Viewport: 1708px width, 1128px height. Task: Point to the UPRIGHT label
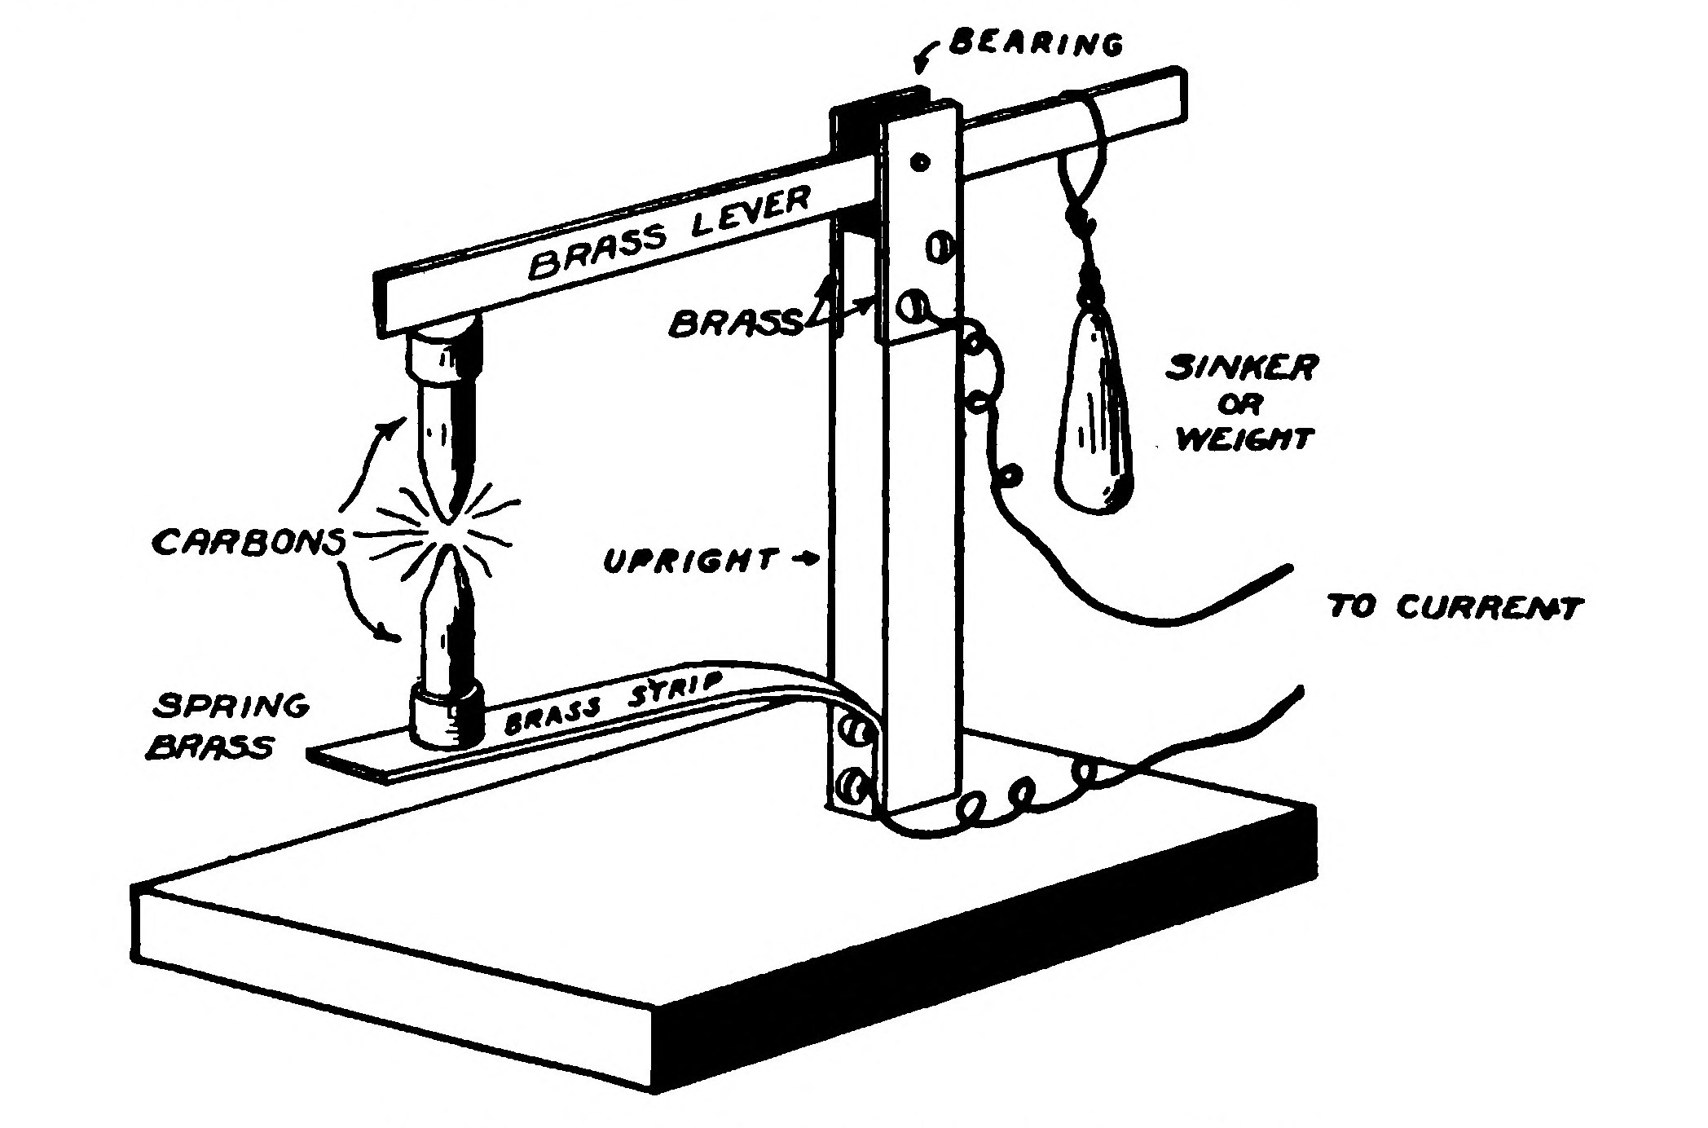point(689,561)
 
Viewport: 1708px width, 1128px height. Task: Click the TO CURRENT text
point(1455,608)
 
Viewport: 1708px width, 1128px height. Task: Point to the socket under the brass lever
point(444,352)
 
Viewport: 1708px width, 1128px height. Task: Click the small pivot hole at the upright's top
point(919,162)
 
